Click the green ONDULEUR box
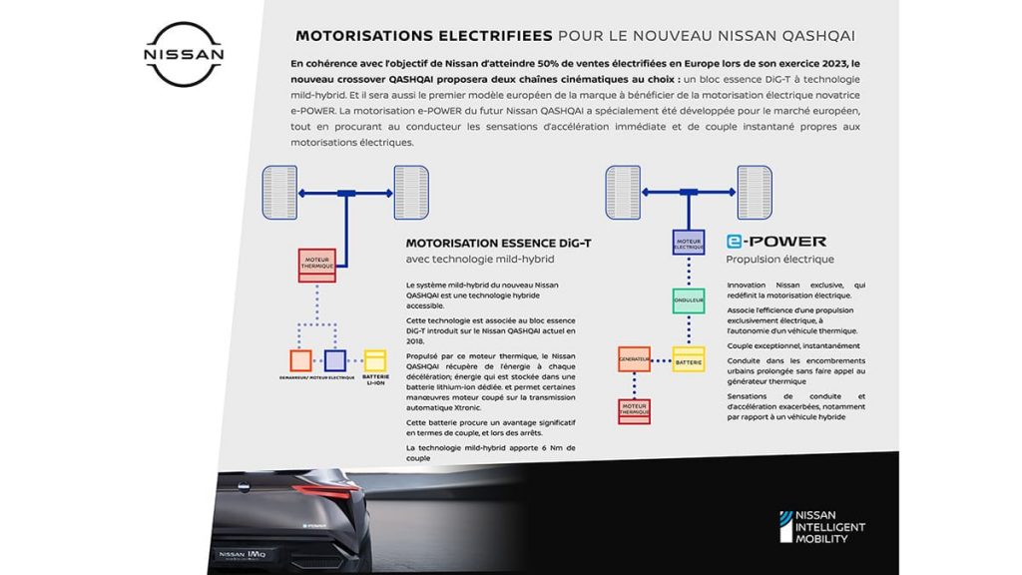pyautogui.click(x=689, y=300)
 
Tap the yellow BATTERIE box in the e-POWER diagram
pyautogui.click(x=689, y=358)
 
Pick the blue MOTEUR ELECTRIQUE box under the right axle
pyautogui.click(x=689, y=243)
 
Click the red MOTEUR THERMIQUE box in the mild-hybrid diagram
pyautogui.click(x=317, y=266)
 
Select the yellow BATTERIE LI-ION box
pyautogui.click(x=376, y=360)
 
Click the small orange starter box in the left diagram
pyautogui.click(x=300, y=360)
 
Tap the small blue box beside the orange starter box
pyautogui.click(x=335, y=360)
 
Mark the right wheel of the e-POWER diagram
pyautogui.click(x=754, y=194)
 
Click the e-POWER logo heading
pyautogui.click(x=776, y=242)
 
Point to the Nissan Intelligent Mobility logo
pyautogui.click(x=821, y=526)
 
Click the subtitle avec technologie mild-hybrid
pyautogui.click(x=479, y=260)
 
